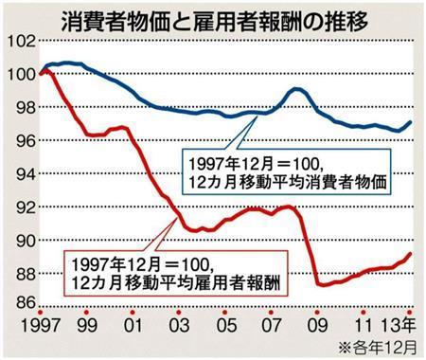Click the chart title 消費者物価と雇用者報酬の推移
[213, 17]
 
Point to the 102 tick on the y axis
[19, 42]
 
